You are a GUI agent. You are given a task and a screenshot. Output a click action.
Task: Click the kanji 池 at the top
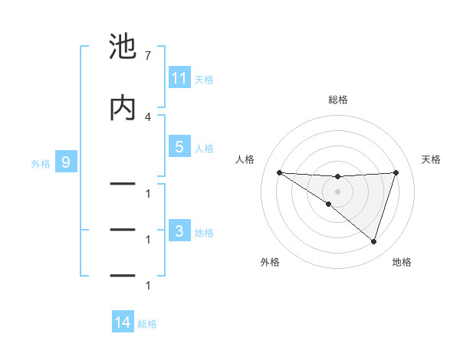(123, 47)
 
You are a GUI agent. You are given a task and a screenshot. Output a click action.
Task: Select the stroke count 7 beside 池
(147, 56)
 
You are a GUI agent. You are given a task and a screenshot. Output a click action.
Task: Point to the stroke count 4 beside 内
(147, 116)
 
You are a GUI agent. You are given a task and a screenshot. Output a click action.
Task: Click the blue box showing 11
(179, 78)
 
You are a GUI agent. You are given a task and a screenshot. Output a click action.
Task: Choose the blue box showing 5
(179, 147)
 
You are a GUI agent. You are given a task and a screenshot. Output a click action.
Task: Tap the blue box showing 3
(179, 231)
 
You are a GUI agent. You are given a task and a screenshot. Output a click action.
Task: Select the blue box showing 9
(66, 162)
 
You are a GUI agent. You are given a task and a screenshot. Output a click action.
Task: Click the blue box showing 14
(123, 323)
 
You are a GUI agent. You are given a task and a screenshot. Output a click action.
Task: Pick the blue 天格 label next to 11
(204, 79)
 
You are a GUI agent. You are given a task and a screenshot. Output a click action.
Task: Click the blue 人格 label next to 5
(204, 148)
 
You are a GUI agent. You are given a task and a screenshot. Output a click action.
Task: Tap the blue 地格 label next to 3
(204, 232)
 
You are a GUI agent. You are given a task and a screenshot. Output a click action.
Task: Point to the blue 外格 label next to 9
(41, 163)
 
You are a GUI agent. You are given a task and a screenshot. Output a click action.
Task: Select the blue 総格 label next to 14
(147, 324)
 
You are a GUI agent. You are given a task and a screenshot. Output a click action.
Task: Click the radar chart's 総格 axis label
(337, 100)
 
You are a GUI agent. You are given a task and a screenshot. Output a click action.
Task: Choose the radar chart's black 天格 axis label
(432, 159)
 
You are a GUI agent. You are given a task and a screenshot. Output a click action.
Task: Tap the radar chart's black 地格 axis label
(402, 262)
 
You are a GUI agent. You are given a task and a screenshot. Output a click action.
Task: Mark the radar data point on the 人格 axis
(279, 172)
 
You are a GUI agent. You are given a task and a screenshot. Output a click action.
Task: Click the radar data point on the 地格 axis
(373, 241)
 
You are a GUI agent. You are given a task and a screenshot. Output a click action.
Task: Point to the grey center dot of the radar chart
(337, 191)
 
